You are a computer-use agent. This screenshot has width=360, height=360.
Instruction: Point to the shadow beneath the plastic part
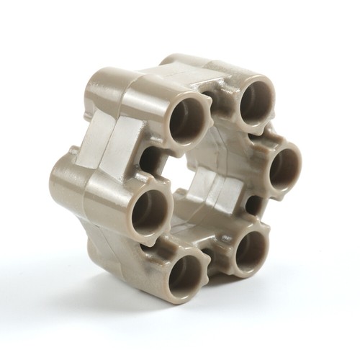pyautogui.click(x=238, y=302)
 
